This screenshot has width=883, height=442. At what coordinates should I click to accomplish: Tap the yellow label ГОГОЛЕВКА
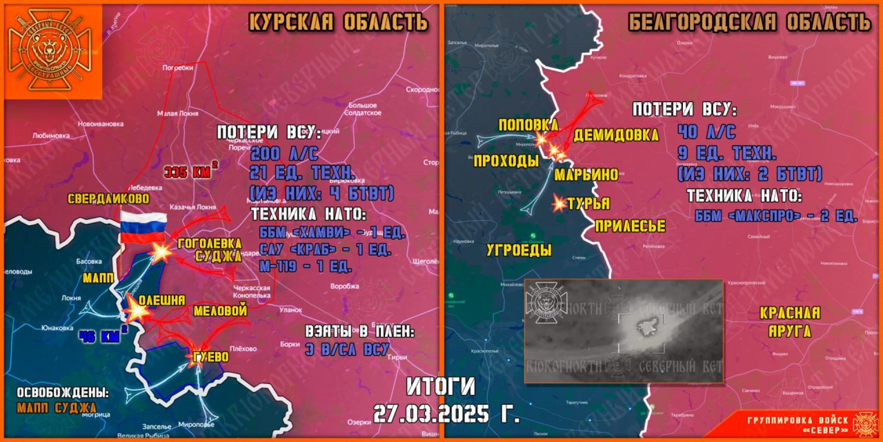[x=209, y=244]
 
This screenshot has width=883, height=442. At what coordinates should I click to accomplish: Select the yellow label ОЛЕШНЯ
[x=162, y=300]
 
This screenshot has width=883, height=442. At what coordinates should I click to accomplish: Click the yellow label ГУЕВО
[x=211, y=357]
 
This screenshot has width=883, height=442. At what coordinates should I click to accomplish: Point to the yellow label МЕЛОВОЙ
[x=220, y=311]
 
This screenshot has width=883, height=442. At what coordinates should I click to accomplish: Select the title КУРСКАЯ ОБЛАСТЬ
[x=338, y=22]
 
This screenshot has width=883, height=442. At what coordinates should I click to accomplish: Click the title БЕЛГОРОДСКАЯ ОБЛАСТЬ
[x=749, y=22]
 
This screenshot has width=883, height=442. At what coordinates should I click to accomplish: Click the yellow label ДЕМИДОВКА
[x=616, y=135]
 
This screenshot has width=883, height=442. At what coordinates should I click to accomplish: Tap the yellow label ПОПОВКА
[x=528, y=125]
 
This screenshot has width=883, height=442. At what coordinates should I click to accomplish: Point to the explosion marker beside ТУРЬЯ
[x=559, y=204]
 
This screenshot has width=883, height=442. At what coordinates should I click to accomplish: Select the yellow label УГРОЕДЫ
[x=519, y=250]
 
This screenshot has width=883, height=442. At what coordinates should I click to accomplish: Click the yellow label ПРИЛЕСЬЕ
[x=630, y=226]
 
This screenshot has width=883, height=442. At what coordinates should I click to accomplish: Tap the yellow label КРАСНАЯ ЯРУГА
[x=790, y=322]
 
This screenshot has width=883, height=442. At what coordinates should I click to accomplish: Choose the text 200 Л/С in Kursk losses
[x=284, y=153]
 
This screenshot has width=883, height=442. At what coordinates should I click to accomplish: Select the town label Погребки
[x=178, y=68]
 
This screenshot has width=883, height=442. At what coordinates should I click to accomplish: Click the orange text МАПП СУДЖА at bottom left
[x=57, y=408]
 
